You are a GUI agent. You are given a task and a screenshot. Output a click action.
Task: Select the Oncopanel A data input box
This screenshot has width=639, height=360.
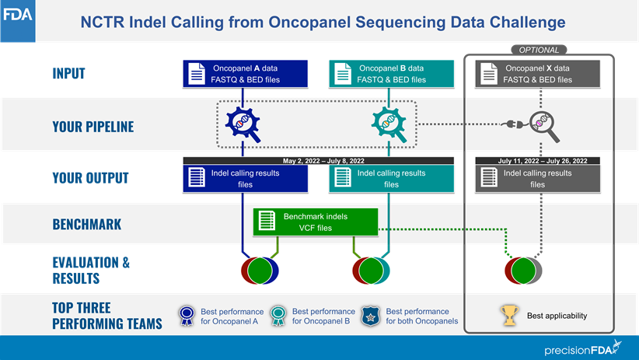coord(246,74)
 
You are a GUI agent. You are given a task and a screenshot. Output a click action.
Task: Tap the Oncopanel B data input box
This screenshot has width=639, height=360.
coord(391,74)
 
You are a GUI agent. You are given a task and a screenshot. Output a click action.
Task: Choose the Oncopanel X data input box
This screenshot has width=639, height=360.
coord(537,74)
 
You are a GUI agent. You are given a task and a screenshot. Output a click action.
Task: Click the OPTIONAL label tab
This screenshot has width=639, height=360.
coord(539,50)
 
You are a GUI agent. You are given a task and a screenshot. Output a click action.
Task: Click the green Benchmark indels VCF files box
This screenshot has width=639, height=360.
coord(316,222)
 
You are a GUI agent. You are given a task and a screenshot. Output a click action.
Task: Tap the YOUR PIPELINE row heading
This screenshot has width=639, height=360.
coord(93,126)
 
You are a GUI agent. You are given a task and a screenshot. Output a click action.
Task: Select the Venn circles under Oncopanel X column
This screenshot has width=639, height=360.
coord(523,271)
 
